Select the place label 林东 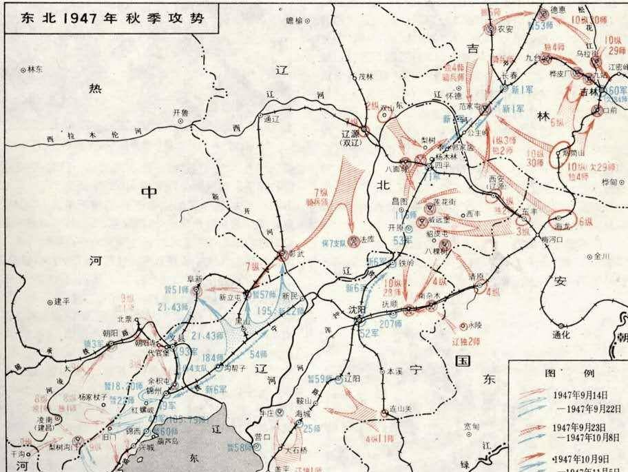click(x=34, y=70)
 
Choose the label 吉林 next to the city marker click(x=588, y=92)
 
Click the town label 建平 click(x=63, y=300)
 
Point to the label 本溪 click(x=393, y=370)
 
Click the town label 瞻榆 click(x=293, y=21)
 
